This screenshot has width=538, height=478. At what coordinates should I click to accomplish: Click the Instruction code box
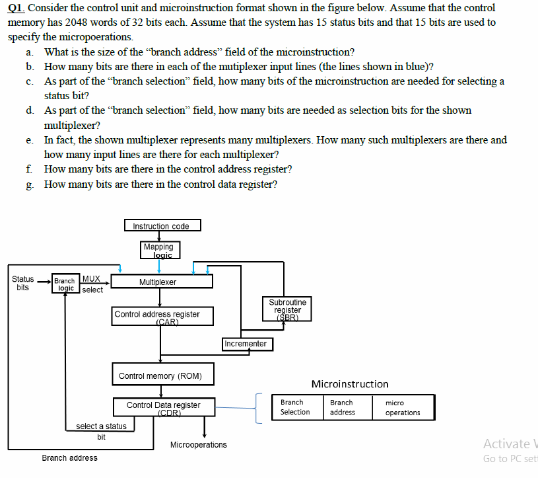pyautogui.click(x=162, y=226)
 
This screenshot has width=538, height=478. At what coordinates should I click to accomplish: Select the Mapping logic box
pyautogui.click(x=158, y=250)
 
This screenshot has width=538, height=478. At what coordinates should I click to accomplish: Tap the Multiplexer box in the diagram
pyautogui.click(x=162, y=282)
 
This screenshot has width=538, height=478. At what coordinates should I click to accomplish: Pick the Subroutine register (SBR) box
pyautogui.click(x=287, y=309)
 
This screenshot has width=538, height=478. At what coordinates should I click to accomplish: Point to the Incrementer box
pyautogui.click(x=246, y=344)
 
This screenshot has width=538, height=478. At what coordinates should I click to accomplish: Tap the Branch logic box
pyautogui.click(x=65, y=285)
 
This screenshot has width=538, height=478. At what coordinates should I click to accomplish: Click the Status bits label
pyautogui.click(x=23, y=283)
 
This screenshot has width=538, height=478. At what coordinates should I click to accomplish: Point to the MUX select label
pyautogui.click(x=92, y=284)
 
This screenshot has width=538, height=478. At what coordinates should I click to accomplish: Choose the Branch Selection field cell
pyautogui.click(x=294, y=407)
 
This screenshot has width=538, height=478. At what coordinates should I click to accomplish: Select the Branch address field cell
pyautogui.click(x=342, y=407)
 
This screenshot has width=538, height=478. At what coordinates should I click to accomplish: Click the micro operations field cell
pyautogui.click(x=402, y=407)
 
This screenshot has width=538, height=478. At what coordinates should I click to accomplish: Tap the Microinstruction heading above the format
pyautogui.click(x=350, y=384)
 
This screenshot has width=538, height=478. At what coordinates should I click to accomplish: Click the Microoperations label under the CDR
pyautogui.click(x=198, y=445)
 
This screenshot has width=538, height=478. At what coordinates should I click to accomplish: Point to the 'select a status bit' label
pyautogui.click(x=101, y=430)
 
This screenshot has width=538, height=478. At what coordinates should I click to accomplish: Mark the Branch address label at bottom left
pyautogui.click(x=69, y=458)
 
